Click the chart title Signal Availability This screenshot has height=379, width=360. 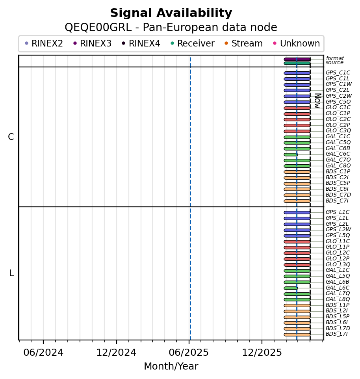click(171, 13)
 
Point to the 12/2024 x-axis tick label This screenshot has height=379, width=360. click(116, 352)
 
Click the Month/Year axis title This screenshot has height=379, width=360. click(171, 366)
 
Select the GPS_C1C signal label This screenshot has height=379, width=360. click(338, 73)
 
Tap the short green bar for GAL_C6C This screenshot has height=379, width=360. click(291, 154)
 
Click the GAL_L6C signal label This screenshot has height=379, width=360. click(338, 288)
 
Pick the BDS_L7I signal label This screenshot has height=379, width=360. click(337, 334)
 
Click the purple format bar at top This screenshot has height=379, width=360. click(297, 59)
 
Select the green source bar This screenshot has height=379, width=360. click(297, 63)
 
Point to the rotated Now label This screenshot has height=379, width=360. click(317, 101)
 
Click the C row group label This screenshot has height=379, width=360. click(11, 137)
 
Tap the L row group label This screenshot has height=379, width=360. click(11, 273)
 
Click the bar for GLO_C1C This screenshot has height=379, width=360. click(297, 108)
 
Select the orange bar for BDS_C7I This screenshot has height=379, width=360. click(297, 201)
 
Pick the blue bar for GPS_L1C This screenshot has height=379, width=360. click(297, 212)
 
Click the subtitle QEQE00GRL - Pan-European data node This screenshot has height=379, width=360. click(171, 28)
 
